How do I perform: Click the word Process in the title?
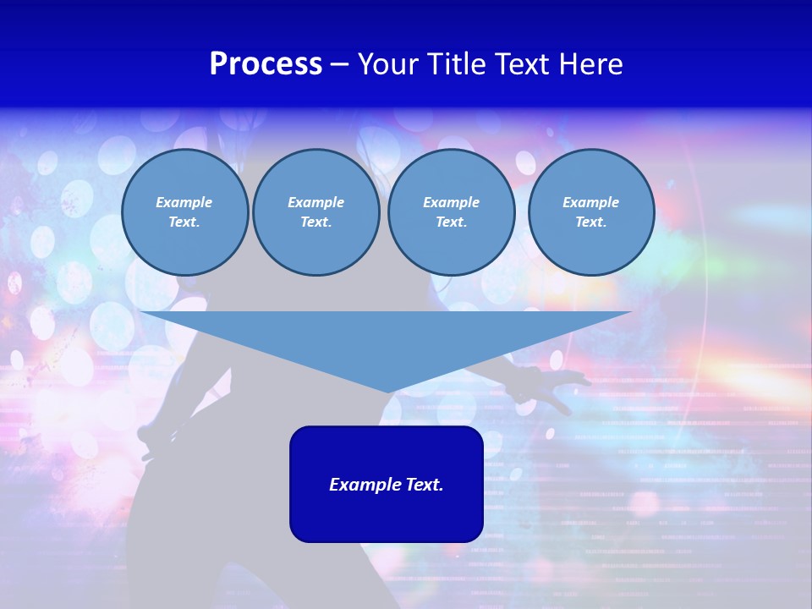[266, 64]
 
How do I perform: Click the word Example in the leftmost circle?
[184, 202]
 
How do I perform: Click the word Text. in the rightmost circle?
[591, 222]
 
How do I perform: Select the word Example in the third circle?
[452, 202]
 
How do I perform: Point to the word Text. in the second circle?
[316, 222]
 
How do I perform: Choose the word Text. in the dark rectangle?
[423, 485]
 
